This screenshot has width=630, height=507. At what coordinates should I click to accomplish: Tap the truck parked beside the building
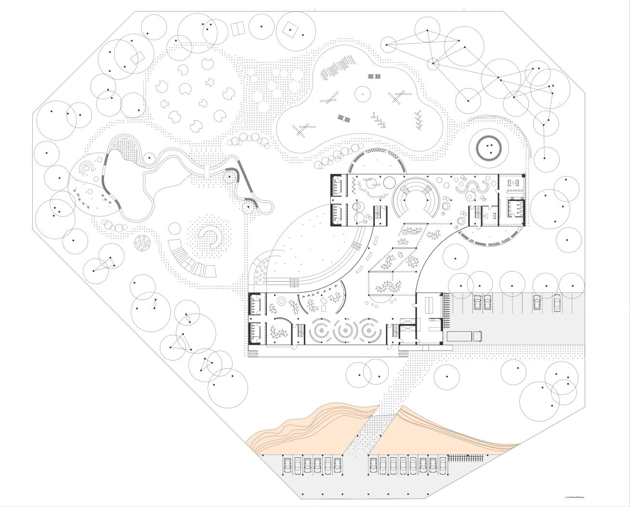[465, 336]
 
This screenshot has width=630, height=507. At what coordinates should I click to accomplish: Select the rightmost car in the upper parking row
[557, 302]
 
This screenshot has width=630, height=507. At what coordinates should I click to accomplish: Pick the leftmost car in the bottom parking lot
[288, 466]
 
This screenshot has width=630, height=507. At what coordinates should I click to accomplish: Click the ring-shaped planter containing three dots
[489, 147]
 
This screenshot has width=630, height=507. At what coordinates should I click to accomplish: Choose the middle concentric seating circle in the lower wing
[344, 330]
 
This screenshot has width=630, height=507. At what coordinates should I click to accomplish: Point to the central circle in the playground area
[362, 94]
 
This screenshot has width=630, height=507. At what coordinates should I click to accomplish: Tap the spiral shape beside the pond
[88, 168]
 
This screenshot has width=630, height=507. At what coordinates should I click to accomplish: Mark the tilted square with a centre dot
[290, 31]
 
